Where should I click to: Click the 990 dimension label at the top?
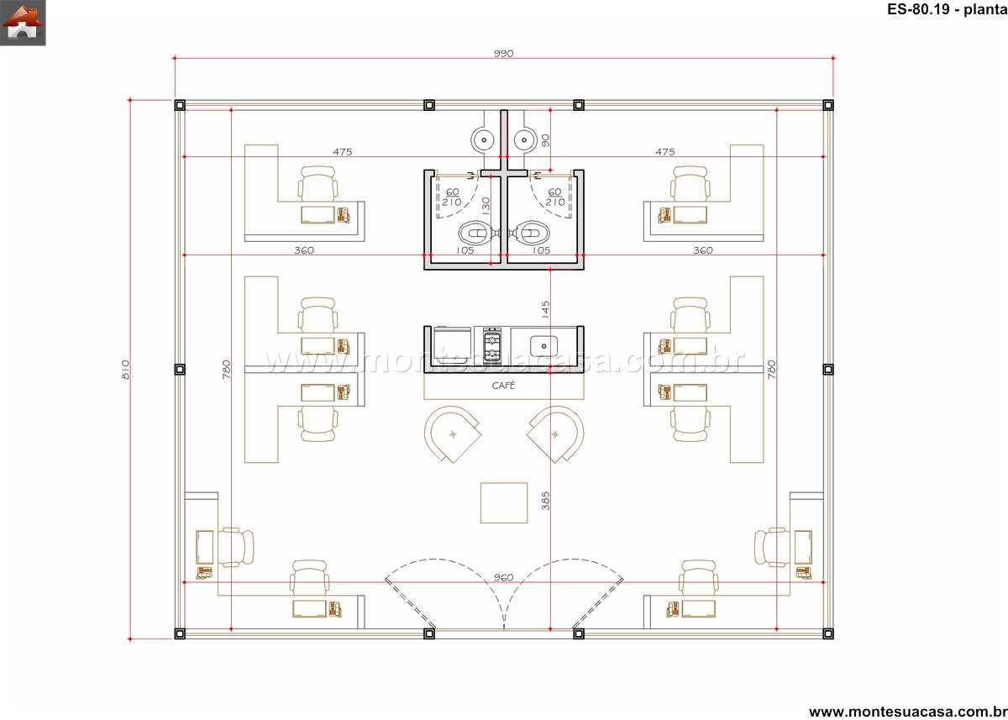[503, 54]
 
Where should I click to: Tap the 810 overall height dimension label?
[125, 370]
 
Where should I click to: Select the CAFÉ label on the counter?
[503, 385]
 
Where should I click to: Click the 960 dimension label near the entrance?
[503, 577]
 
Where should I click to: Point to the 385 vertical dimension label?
[545, 501]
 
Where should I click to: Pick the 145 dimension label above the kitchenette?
[545, 310]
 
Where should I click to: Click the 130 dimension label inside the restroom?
[486, 206]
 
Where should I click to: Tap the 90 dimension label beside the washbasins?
[545, 140]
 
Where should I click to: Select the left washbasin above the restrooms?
[484, 140]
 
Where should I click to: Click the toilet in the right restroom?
[533, 233]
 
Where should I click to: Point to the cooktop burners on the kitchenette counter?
[492, 343]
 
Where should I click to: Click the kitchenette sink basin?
[543, 346]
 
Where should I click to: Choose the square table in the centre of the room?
[504, 503]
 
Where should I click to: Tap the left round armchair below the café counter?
[452, 434]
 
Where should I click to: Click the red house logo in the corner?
[23, 23]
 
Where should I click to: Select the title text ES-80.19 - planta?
[947, 9]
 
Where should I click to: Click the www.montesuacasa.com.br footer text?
[908, 712]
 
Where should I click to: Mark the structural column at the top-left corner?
[180, 105]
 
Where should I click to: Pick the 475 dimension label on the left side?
[343, 152]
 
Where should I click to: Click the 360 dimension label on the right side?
[703, 250]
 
